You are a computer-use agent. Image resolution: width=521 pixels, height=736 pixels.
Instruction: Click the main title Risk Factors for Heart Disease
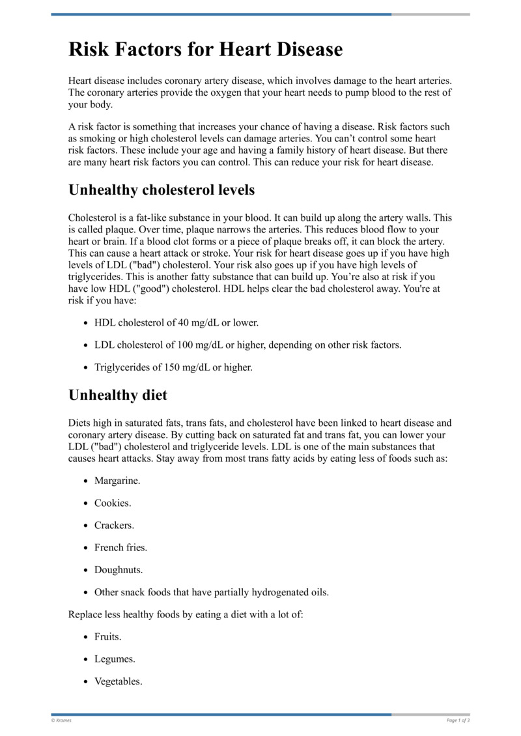[205, 50]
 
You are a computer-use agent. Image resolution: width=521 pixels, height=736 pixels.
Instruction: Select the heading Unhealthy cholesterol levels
[162, 190]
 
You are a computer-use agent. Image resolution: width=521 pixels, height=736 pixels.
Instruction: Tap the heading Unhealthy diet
[118, 395]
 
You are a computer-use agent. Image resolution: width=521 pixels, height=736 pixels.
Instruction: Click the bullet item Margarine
[117, 481]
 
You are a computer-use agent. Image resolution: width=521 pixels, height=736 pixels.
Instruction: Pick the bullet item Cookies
[113, 503]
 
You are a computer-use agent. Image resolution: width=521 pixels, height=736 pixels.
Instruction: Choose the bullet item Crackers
[114, 525]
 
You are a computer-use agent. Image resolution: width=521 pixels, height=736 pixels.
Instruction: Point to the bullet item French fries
[120, 547]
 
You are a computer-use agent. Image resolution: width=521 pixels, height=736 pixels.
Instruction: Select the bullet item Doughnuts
[119, 569]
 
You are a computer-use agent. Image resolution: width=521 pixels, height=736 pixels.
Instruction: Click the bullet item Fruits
[108, 636]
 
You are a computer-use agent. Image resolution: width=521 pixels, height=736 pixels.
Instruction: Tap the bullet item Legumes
[115, 658]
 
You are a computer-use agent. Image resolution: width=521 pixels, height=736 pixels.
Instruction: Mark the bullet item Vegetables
[118, 681]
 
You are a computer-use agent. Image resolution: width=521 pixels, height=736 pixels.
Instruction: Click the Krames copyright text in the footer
[61, 720]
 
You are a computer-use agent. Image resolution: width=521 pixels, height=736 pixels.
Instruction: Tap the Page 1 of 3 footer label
[458, 720]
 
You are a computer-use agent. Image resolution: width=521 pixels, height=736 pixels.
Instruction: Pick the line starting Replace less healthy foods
[186, 614]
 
